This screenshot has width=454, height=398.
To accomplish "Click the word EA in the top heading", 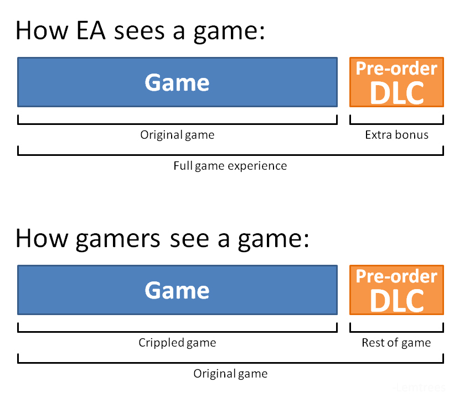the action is (x=91, y=30).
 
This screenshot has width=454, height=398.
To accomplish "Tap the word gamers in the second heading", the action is (x=118, y=239).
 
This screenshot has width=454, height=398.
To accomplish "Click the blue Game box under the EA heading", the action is (x=178, y=82).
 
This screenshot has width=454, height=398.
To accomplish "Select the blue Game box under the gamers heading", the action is (x=178, y=290).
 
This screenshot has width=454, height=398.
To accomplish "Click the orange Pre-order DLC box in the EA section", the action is (x=396, y=82).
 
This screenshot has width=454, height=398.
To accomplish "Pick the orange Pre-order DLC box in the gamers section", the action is (x=396, y=290).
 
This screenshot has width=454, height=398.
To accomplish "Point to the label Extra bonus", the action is (x=396, y=135).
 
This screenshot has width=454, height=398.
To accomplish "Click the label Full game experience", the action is (x=230, y=166).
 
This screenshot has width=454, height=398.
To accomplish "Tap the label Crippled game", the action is (x=177, y=343).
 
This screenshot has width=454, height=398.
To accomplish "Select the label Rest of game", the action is (x=396, y=343).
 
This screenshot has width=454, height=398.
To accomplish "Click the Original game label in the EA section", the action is (x=177, y=135).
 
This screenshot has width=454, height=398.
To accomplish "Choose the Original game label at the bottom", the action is (x=230, y=374).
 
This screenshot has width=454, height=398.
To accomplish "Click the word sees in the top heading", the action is (x=140, y=31).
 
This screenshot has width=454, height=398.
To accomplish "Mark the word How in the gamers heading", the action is (x=42, y=239).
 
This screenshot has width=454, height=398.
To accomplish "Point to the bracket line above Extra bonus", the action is (x=396, y=124).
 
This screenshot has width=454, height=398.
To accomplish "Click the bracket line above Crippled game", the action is (x=178, y=332).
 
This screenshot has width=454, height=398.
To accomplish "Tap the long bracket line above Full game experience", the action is (x=230, y=155).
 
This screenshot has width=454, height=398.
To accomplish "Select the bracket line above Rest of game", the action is (x=396, y=332).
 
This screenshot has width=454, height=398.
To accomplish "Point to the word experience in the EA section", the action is (x=257, y=167).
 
